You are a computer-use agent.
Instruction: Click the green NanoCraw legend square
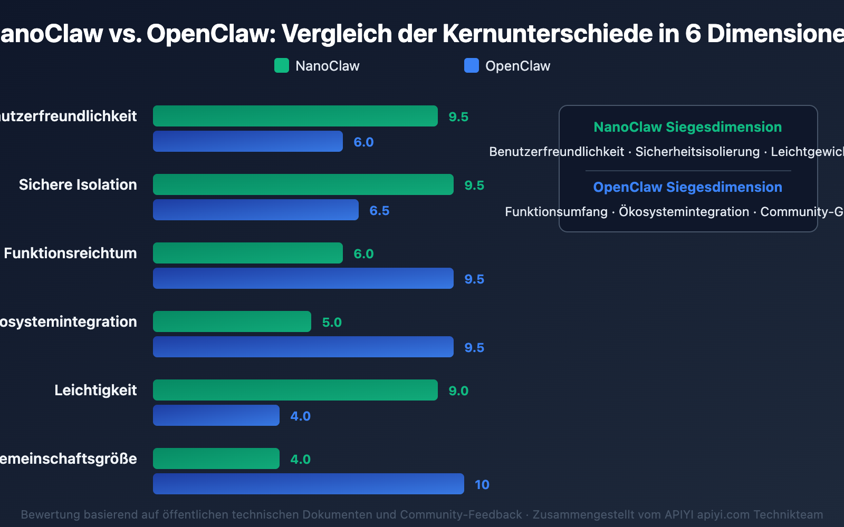pyautogui.click(x=282, y=66)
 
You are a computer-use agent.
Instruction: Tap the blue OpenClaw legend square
pyautogui.click(x=471, y=66)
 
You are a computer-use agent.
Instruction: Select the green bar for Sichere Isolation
pyautogui.click(x=303, y=184)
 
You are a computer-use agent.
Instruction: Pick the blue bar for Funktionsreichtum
pyautogui.click(x=303, y=278)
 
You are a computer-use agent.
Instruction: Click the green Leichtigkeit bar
pyautogui.click(x=295, y=390)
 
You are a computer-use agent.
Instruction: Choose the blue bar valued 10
pyautogui.click(x=308, y=484)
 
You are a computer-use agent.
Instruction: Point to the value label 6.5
pyautogui.click(x=379, y=211)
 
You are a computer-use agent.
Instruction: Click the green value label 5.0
pyautogui.click(x=332, y=323)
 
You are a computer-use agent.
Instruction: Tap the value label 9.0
pyautogui.click(x=458, y=391)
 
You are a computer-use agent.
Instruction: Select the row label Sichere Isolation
pyautogui.click(x=78, y=184)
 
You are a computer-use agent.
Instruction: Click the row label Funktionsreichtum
pyautogui.click(x=70, y=253)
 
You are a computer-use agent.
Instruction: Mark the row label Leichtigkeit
pyautogui.click(x=95, y=390)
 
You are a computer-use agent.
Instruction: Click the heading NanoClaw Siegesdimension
pyautogui.click(x=687, y=127)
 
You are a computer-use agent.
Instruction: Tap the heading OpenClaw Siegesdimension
pyautogui.click(x=687, y=187)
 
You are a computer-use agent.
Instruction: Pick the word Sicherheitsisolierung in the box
pyautogui.click(x=697, y=152)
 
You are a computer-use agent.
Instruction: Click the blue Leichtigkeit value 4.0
pyautogui.click(x=300, y=416)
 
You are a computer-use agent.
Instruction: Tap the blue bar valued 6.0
pyautogui.click(x=247, y=141)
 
